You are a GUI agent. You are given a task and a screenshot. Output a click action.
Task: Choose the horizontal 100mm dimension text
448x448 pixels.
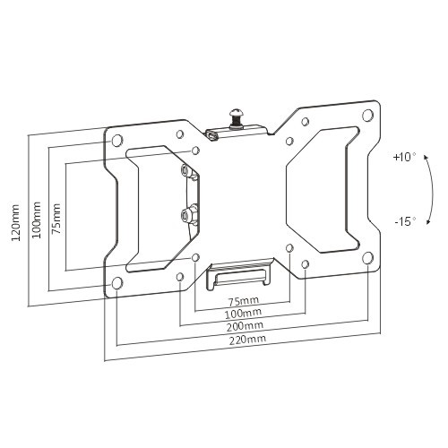tap(243, 313)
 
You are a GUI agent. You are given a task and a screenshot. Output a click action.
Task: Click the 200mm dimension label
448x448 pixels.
tap(243, 327)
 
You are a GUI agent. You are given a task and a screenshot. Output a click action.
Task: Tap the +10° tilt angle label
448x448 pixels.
tap(404, 157)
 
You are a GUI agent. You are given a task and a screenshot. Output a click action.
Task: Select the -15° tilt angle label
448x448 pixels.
tap(404, 220)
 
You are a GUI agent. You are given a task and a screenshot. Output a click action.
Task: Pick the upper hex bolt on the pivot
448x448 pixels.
tap(185, 169)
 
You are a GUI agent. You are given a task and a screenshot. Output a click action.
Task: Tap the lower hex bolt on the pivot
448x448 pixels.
tap(185, 214)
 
